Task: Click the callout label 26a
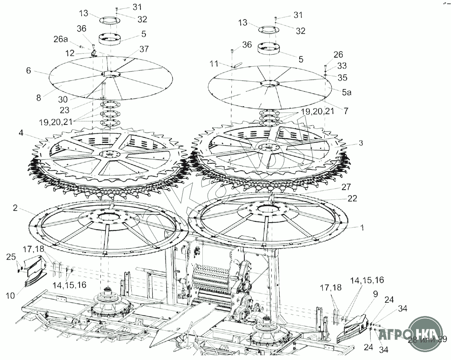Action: (61, 39)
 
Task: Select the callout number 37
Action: (144, 49)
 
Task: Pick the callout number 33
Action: (342, 66)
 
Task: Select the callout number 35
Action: (342, 77)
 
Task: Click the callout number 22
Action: (352, 199)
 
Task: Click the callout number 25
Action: (11, 257)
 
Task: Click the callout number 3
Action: (360, 143)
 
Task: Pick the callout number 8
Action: (38, 98)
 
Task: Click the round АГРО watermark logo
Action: (425, 334)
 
